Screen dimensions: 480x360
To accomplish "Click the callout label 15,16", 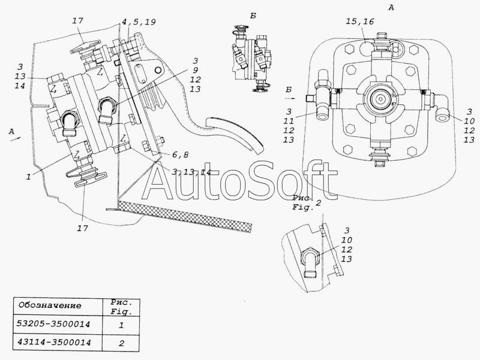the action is tap(360, 22).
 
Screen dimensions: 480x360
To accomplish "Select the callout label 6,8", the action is tap(181, 155).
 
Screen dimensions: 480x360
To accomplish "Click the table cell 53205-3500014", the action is tap(53, 324).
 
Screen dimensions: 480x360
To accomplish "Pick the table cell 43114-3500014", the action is tap(54, 342).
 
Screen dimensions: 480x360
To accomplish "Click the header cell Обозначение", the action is tap(50, 305).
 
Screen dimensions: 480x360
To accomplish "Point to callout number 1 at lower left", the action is tap(28, 176).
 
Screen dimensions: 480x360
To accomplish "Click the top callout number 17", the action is tap(78, 21).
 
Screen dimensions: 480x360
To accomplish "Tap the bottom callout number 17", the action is tap(82, 229).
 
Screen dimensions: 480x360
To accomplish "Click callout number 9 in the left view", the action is tap(196, 70).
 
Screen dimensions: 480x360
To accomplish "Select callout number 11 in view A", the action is tap(289, 121).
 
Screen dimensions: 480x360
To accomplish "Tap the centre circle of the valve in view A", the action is tap(380, 99).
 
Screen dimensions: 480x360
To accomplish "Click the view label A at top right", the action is tap(391, 8).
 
